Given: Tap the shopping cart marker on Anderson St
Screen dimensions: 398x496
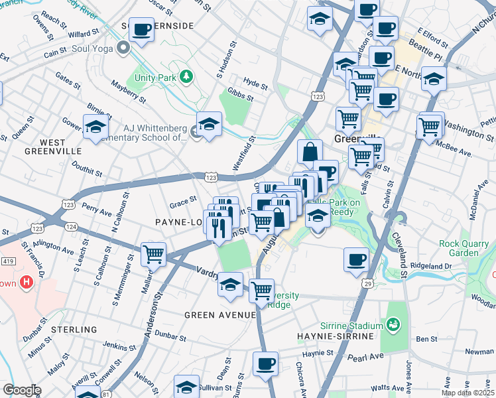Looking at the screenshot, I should tap(154, 253).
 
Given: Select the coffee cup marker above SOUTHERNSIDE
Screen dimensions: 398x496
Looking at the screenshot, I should tap(141, 29).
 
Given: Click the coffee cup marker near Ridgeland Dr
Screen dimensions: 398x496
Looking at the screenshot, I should tap(356, 259).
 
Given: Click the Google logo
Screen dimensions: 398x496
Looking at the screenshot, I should tap(21, 390).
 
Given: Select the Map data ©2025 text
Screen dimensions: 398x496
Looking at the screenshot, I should tap(468, 393).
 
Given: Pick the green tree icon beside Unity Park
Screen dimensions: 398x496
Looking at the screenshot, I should tap(186, 76).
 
